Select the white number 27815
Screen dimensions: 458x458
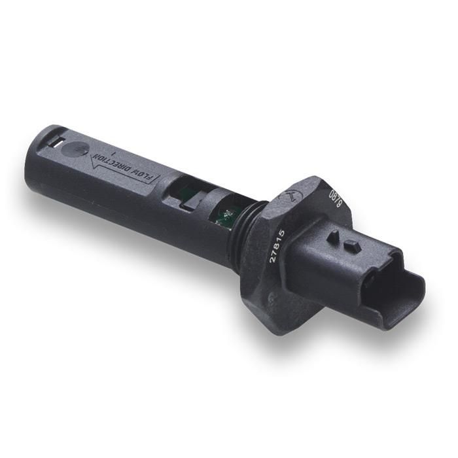[277, 246]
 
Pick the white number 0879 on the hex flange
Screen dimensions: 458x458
[335, 199]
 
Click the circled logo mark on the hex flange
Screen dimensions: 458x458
[289, 195]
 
